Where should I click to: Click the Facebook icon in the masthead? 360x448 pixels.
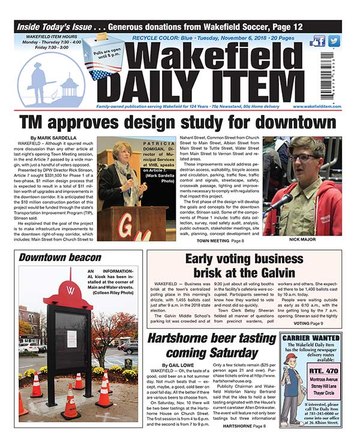319,41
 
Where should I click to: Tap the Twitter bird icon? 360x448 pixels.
334,41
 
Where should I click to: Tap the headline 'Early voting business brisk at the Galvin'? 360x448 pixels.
244,266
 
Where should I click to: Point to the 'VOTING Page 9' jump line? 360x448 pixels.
325,323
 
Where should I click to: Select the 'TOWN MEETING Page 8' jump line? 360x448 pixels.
220,240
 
